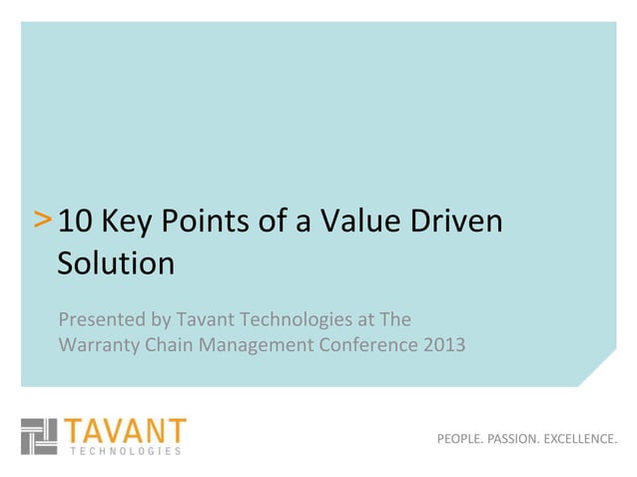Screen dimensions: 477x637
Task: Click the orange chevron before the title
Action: click(x=44, y=220)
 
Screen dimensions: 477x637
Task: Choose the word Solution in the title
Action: click(x=116, y=263)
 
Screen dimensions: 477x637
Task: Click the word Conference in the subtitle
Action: click(x=368, y=347)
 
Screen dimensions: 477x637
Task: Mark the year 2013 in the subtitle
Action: click(x=440, y=347)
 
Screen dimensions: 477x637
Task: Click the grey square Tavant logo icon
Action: click(x=41, y=437)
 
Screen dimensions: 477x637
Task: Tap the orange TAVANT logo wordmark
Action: click(x=126, y=431)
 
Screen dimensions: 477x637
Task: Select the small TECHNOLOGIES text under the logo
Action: click(x=126, y=451)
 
